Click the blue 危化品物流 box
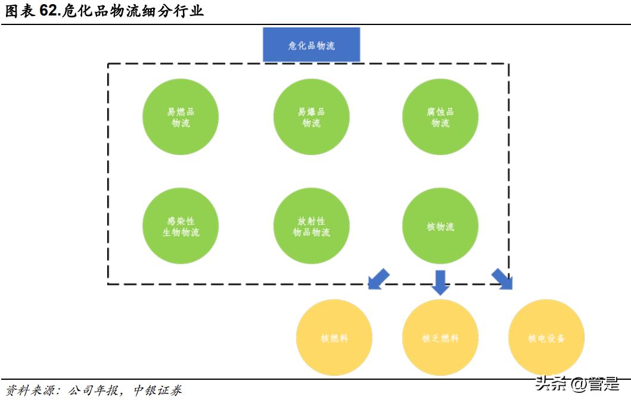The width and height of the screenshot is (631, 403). [311, 45]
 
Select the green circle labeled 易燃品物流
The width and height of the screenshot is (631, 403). [181, 117]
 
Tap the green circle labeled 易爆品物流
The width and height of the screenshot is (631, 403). [311, 117]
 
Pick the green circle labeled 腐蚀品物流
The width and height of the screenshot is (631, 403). [440, 117]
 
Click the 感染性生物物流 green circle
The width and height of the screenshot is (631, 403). [181, 226]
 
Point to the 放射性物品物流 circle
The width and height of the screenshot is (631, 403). [311, 226]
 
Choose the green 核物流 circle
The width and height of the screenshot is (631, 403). [440, 226]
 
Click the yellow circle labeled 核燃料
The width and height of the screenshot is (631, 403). [334, 338]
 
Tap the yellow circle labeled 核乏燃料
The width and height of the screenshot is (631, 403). [440, 338]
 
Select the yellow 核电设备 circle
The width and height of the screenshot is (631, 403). [546, 338]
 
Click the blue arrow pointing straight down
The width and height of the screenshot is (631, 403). [440, 282]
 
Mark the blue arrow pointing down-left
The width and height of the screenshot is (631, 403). [378, 279]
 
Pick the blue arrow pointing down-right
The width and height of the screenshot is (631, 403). [502, 279]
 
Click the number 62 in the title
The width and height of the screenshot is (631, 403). [49, 11]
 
